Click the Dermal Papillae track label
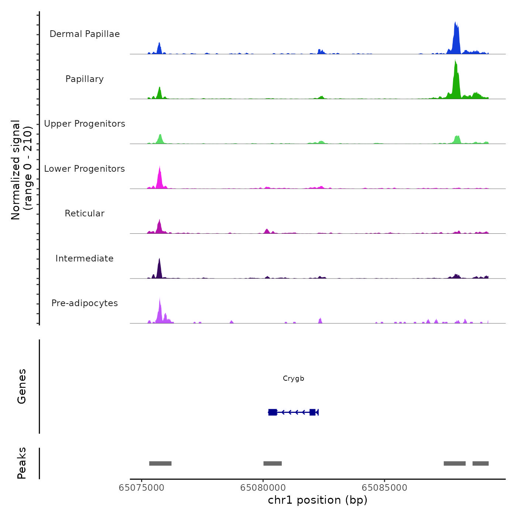coord(85,34)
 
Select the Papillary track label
coord(85,79)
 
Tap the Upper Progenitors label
coord(85,124)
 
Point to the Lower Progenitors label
coord(85,169)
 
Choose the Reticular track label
coord(85,213)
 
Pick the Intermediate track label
coord(85,258)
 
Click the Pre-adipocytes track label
coord(85,303)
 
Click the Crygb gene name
coord(294,379)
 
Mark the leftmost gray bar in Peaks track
coord(160,463)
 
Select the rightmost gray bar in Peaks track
coord(480,463)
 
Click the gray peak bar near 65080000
coord(273,463)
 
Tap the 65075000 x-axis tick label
coord(141,488)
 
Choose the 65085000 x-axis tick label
coord(384,488)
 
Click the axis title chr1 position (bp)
coord(318,500)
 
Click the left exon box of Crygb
coord(273,412)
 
